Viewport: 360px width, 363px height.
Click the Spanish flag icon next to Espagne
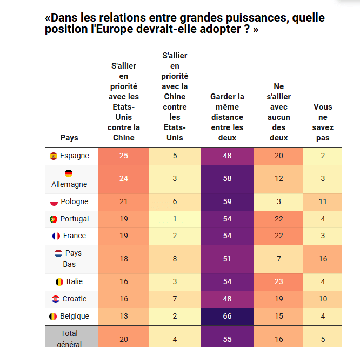point(54,156)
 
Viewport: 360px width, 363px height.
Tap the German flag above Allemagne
point(69,173)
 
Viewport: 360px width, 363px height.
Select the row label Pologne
point(75,202)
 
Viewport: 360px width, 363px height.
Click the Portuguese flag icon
point(54,219)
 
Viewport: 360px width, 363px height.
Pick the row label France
point(75,236)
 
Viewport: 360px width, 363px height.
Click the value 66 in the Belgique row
point(227,316)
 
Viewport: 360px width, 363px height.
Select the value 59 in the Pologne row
point(227,201)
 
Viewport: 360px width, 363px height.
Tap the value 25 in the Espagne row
point(123,156)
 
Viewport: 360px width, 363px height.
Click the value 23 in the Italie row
point(278,281)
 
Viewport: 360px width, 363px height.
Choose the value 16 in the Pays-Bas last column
point(323,259)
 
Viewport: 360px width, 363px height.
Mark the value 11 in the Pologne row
point(323,201)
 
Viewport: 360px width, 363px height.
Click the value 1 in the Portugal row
point(175,219)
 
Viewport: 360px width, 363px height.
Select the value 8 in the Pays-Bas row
point(175,259)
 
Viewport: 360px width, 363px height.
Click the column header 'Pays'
point(69,138)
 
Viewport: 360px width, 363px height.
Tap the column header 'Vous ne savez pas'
point(323,122)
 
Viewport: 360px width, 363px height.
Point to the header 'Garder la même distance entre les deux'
point(227,117)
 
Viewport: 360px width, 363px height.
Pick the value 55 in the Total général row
point(227,339)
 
